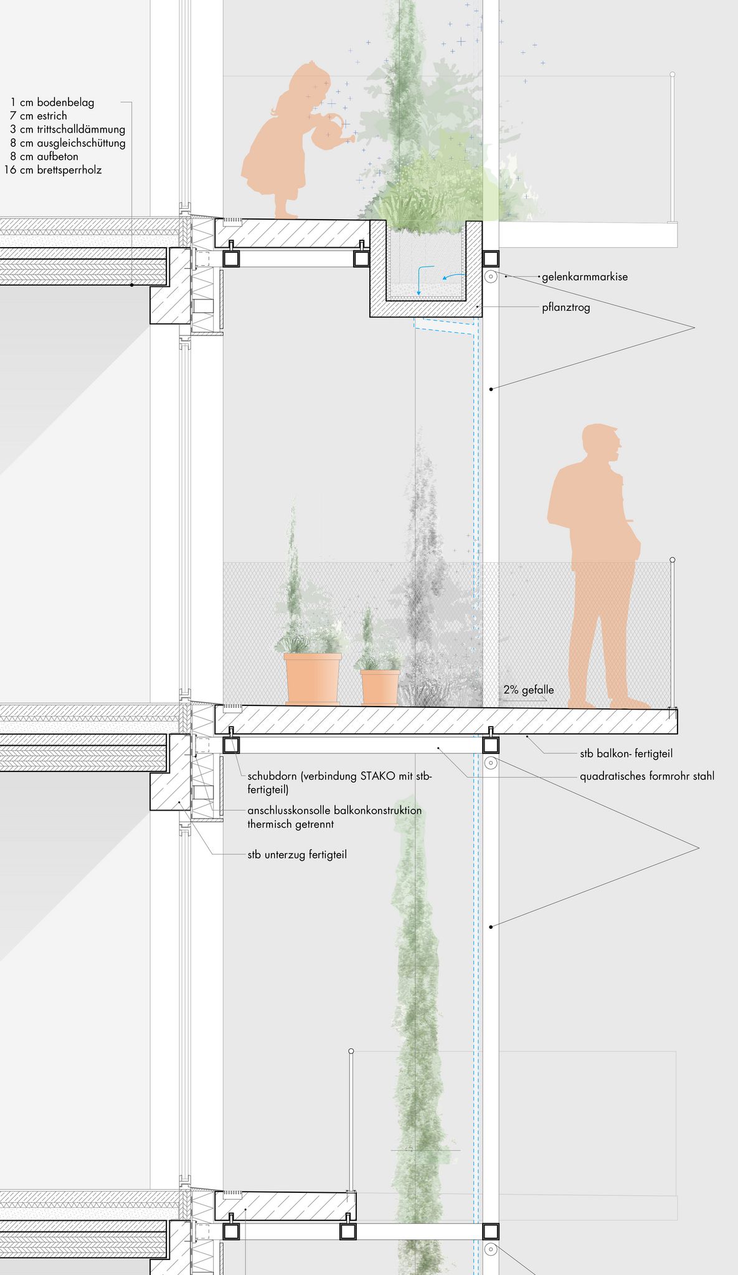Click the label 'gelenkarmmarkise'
click(584, 276)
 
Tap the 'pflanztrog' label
click(565, 307)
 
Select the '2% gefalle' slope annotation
click(528, 690)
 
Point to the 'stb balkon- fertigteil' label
click(626, 753)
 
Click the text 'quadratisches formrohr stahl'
click(647, 776)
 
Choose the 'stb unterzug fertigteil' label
click(297, 854)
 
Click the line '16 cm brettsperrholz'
click(54, 170)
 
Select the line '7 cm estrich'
click(39, 116)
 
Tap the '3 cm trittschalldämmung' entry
click(68, 129)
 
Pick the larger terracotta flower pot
click(313, 679)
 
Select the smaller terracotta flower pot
click(380, 687)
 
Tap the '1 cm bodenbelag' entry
click(52, 102)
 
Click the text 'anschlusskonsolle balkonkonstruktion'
click(334, 811)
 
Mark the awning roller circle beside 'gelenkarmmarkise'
click(491, 276)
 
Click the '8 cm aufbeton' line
click(44, 156)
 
